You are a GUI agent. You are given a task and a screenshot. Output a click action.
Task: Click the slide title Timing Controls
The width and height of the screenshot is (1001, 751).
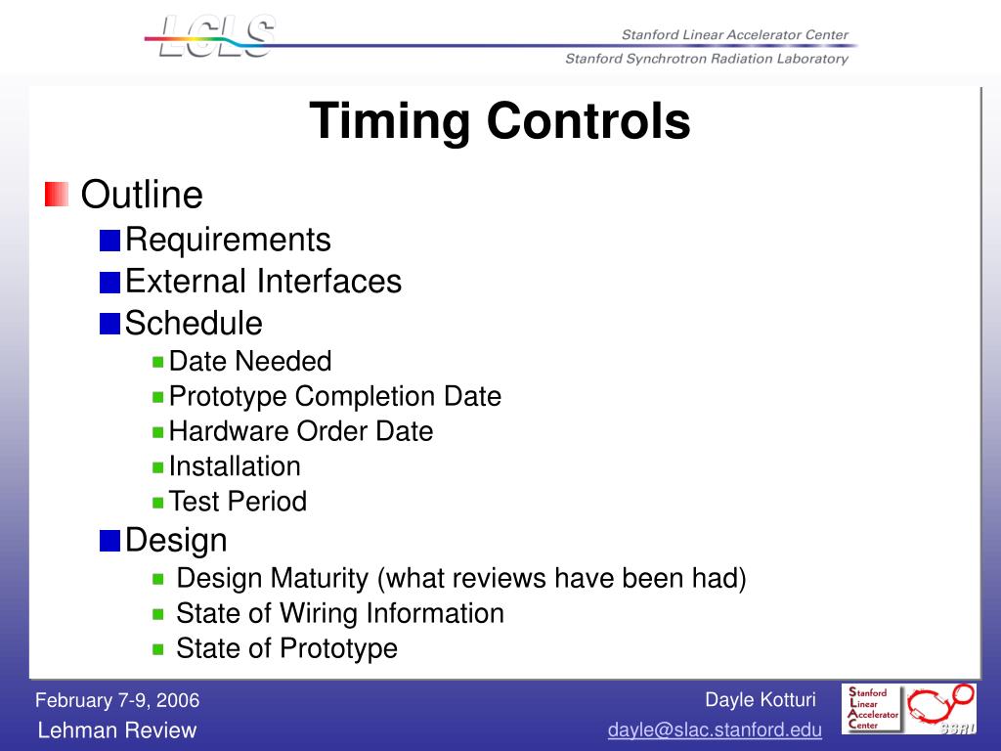500,122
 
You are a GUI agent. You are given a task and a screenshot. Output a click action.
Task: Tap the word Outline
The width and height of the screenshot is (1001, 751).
142,195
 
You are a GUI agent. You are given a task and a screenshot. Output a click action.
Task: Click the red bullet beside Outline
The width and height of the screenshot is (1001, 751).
57,195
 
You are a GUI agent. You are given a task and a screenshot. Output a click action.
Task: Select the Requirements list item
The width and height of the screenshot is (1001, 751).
229,240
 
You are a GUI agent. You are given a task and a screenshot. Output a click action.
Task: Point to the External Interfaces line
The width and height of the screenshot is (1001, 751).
264,282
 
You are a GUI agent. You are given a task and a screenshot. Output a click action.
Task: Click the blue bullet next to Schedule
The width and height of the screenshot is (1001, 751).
109,323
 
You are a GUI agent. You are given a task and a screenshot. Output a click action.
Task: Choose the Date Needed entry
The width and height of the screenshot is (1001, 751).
250,361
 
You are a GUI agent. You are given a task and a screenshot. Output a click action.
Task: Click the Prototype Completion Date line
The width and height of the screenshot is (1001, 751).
334,396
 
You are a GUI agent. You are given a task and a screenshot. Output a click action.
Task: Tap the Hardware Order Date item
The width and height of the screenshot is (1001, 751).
300,431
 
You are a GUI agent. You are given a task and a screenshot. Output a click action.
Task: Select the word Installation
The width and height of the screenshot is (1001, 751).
235,466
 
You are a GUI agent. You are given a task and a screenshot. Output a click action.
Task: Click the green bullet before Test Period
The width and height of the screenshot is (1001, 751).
158,502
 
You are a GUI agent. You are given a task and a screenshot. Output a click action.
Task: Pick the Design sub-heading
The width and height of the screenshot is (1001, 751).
176,540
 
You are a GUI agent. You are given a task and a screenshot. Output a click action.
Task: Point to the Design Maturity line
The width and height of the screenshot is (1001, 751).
460,578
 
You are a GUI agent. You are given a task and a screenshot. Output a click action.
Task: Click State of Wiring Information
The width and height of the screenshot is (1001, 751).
339,613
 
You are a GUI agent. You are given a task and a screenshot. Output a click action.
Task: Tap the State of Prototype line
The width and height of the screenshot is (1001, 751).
286,648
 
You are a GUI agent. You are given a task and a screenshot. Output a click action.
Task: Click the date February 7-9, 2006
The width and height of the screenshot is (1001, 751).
117,700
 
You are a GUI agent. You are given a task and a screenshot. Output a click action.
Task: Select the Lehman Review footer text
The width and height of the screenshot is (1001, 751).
117,730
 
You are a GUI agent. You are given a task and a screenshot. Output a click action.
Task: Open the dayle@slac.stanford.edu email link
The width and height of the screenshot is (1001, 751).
715,730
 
